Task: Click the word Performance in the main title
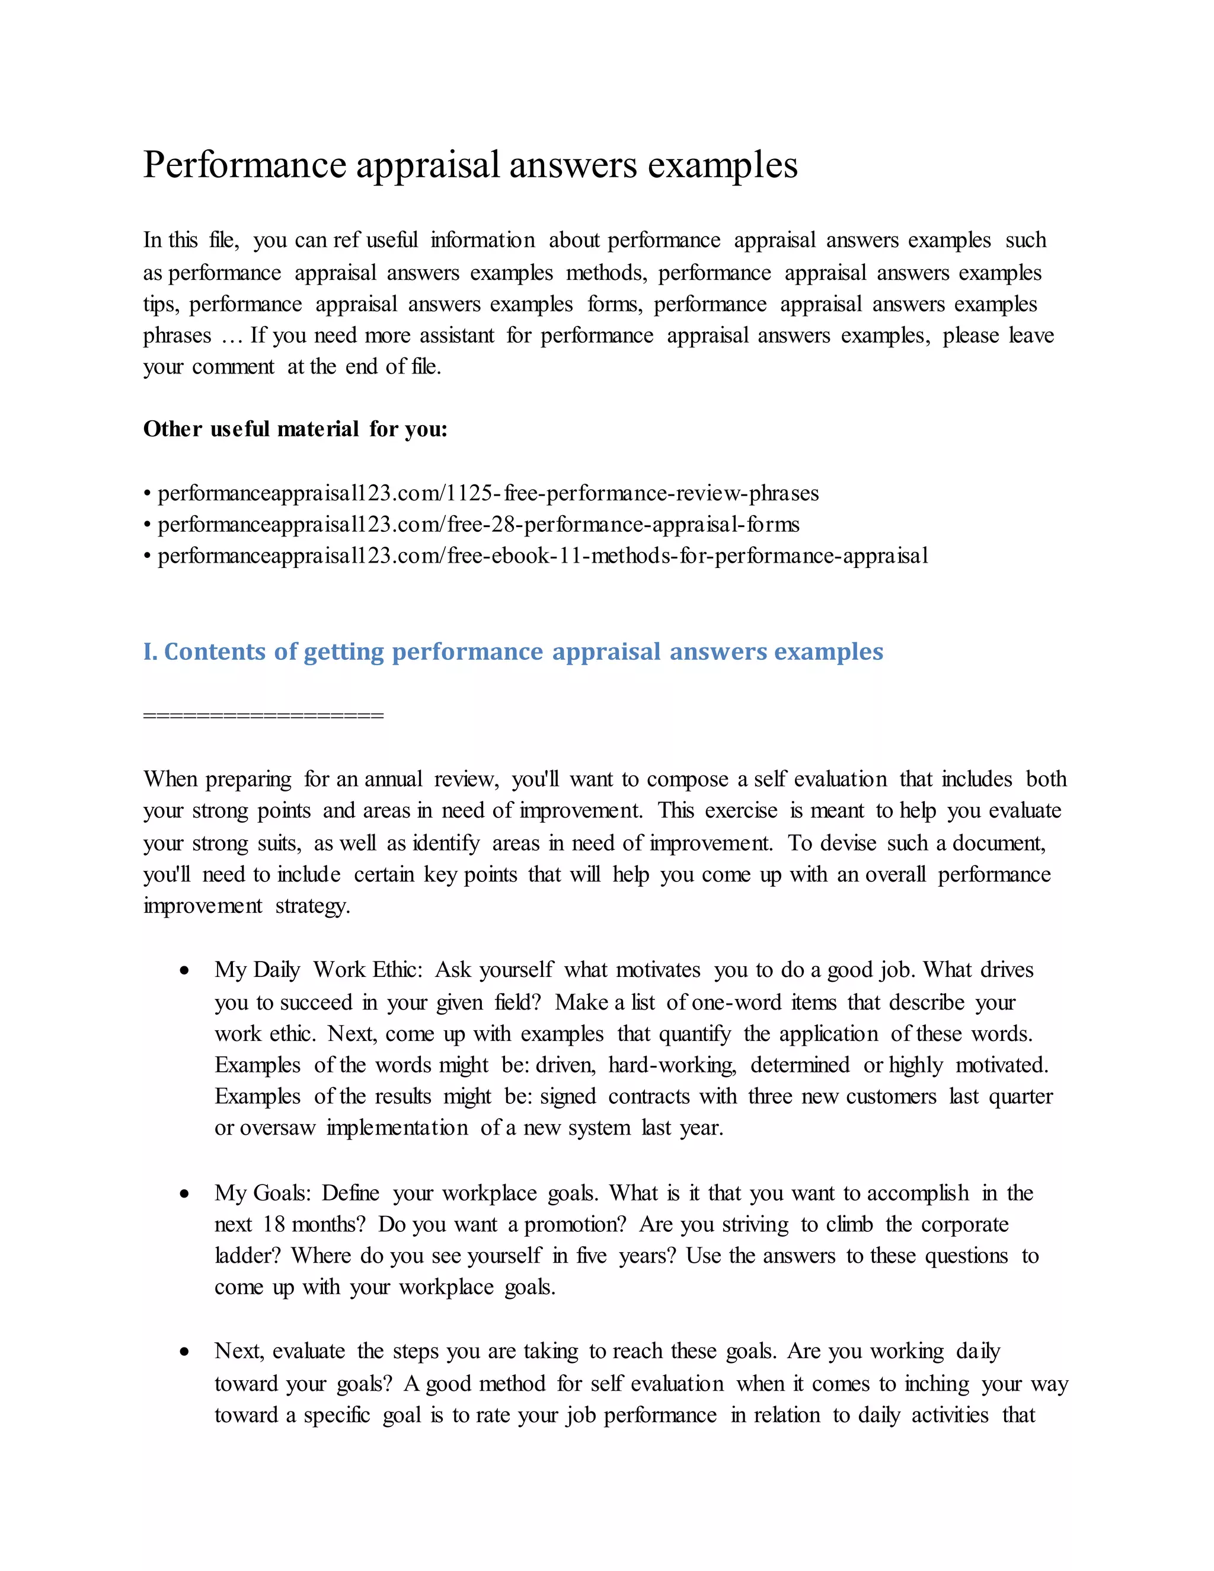pyautogui.click(x=245, y=165)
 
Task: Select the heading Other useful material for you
pyautogui.click(x=295, y=429)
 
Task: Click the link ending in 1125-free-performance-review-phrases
pyautogui.click(x=488, y=493)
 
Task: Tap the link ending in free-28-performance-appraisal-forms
pyautogui.click(x=478, y=525)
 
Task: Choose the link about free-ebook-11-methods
pyautogui.click(x=543, y=556)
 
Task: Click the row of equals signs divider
pyautogui.click(x=263, y=715)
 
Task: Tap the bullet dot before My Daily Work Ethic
pyautogui.click(x=185, y=971)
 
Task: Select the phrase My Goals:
pyautogui.click(x=263, y=1193)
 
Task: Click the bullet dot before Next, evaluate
pyautogui.click(x=185, y=1352)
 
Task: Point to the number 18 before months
pyautogui.click(x=274, y=1224)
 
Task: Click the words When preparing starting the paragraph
pyautogui.click(x=217, y=779)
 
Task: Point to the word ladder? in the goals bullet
pyautogui.click(x=247, y=1256)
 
